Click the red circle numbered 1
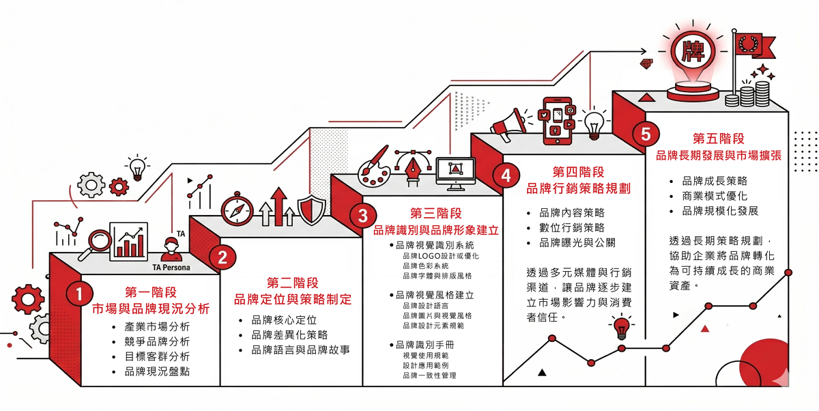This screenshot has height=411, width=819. (x=79, y=294)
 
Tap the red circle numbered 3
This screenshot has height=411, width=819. (x=362, y=216)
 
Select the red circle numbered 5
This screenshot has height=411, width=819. (x=646, y=134)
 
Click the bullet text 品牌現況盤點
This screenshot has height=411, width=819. (x=157, y=371)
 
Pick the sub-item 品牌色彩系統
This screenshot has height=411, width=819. (x=426, y=266)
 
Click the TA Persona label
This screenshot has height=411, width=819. (x=171, y=268)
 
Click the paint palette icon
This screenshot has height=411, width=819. (x=375, y=166)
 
